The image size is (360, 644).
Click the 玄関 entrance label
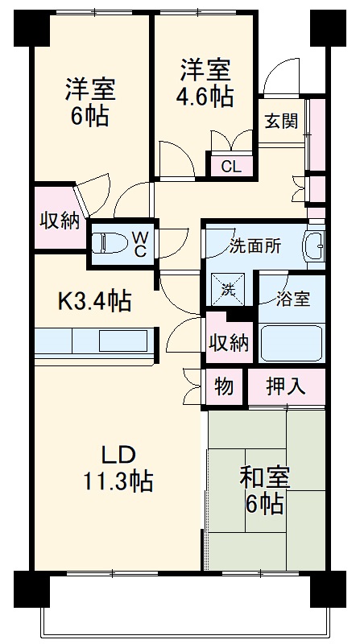pyautogui.click(x=281, y=122)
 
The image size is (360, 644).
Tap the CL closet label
pyautogui.click(x=230, y=167)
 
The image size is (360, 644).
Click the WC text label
pyautogui.click(x=139, y=243)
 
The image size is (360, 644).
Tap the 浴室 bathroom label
pyautogui.click(x=292, y=299)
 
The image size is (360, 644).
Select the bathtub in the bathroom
pyautogui.click(x=292, y=342)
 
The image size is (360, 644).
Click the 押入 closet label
pyautogui.click(x=286, y=386)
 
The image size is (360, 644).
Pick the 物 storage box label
pyautogui.click(x=224, y=386)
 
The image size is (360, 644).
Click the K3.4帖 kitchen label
pyautogui.click(x=93, y=302)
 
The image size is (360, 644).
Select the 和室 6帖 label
pyautogui.click(x=265, y=490)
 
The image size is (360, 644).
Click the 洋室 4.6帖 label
pyautogui.click(x=205, y=82)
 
